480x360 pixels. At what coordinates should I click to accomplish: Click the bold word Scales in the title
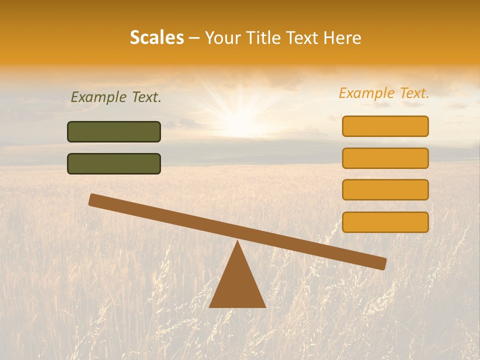[x=157, y=37]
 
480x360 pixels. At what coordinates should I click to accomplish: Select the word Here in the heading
[x=342, y=37]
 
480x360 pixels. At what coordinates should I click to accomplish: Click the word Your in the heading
[x=222, y=37]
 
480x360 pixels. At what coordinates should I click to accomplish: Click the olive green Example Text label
[x=116, y=97]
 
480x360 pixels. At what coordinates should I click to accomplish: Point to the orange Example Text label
[x=384, y=93]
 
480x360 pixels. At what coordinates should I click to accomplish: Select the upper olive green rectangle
[x=114, y=131]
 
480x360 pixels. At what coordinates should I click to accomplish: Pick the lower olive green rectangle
[x=114, y=163]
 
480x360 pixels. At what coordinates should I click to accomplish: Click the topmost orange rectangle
[x=385, y=126]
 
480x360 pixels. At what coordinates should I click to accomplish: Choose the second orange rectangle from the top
[x=385, y=158]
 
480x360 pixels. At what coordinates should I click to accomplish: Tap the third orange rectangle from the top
[x=385, y=189]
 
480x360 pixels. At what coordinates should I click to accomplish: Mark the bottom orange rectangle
[x=385, y=222]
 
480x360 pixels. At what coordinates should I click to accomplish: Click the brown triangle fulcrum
[x=237, y=285]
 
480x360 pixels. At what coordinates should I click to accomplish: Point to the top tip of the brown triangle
[x=237, y=241]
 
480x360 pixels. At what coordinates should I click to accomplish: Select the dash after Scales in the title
[x=194, y=38]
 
